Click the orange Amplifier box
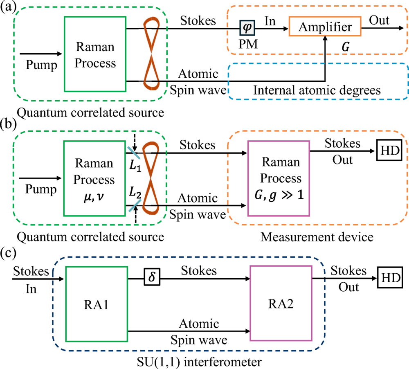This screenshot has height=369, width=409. [325, 28]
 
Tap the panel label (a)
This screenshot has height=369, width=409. [9, 7]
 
